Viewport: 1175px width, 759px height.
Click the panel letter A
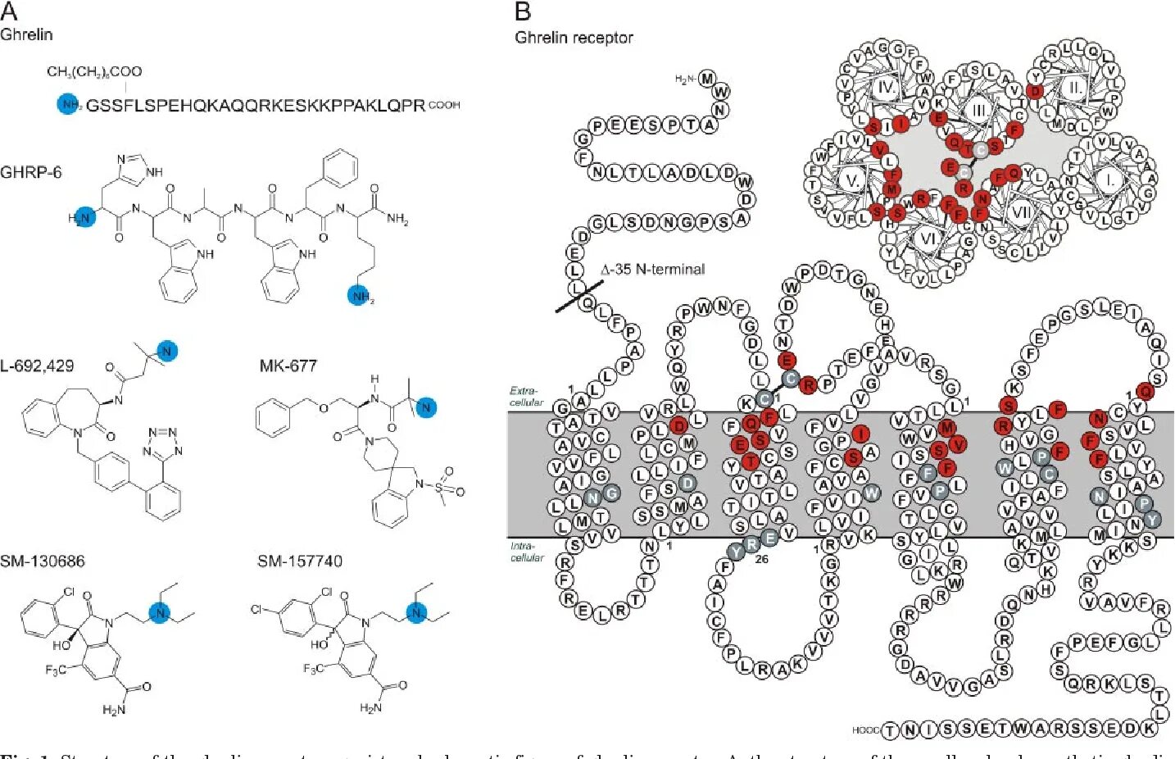coord(10,11)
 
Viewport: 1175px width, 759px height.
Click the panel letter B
coord(523,11)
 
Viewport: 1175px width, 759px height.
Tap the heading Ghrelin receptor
coord(574,38)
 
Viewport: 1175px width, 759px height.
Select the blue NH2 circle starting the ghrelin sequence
coord(69,105)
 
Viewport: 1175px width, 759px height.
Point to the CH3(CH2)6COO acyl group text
coord(94,72)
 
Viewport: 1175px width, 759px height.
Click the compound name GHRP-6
coord(31,172)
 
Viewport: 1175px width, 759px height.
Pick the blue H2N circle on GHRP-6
coord(83,217)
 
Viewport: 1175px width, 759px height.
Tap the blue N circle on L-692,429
coord(167,351)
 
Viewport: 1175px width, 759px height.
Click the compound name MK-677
coord(288,366)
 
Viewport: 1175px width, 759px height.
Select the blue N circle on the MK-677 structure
coord(425,407)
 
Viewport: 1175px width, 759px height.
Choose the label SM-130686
coord(43,561)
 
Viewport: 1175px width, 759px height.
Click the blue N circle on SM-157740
coord(418,612)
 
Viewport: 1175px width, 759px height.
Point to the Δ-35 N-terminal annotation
coord(652,269)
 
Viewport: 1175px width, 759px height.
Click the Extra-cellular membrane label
coord(525,397)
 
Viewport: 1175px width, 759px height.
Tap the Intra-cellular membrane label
coord(526,552)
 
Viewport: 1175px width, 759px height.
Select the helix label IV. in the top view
coord(886,88)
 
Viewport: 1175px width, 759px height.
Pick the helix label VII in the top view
coord(1021,212)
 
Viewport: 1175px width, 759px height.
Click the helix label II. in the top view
coord(1074,88)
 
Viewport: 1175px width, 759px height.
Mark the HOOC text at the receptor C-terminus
coord(865,729)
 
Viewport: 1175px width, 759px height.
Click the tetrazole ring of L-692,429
coord(161,441)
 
